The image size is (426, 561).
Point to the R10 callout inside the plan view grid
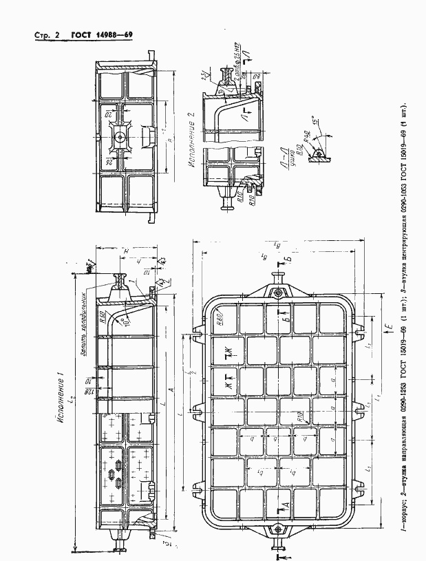301,414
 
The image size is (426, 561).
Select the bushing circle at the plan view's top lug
278,293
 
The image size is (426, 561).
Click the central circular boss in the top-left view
120,136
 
